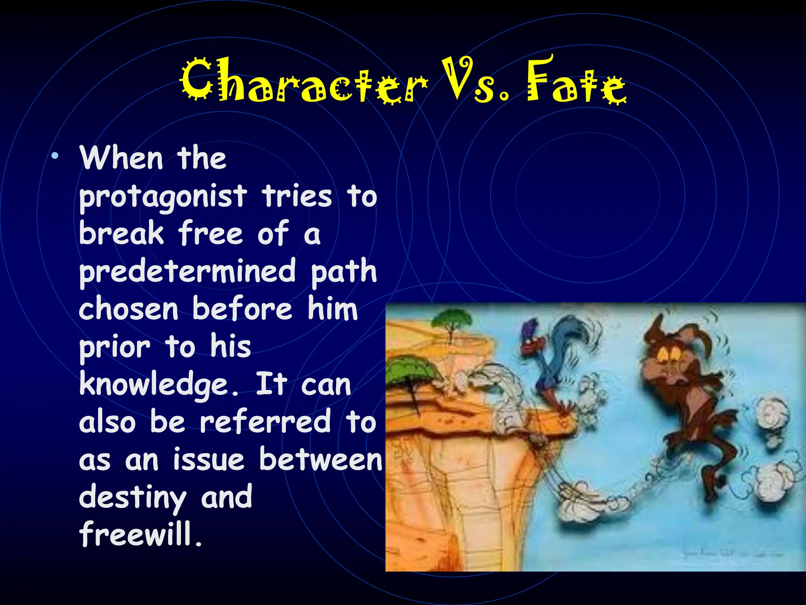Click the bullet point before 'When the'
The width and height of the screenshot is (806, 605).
click(55, 156)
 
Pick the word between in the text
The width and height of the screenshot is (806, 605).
click(320, 460)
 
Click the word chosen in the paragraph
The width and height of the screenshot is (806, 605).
click(129, 310)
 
